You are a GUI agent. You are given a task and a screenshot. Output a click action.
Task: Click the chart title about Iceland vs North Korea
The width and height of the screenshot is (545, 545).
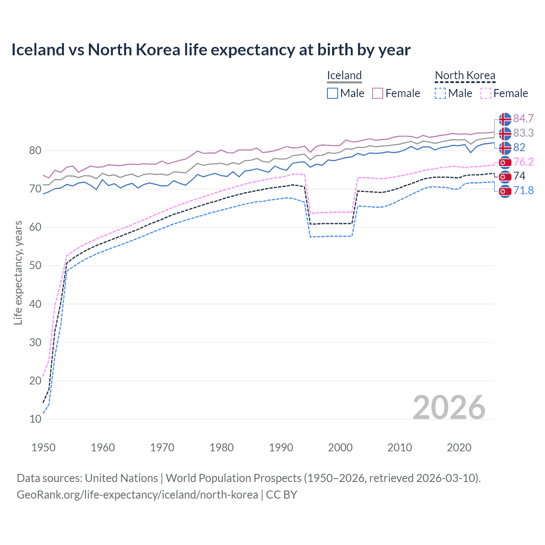211,50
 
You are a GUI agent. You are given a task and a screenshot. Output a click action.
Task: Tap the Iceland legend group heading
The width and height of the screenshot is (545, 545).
344,75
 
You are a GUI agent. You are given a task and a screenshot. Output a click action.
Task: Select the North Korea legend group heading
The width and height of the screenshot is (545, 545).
465,75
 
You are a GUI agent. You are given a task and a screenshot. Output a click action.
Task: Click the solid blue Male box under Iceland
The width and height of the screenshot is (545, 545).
333,93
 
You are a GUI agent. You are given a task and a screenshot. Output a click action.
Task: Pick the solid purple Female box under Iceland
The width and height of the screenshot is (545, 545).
378,93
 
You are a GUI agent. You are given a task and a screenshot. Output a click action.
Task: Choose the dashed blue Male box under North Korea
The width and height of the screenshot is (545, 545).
440,93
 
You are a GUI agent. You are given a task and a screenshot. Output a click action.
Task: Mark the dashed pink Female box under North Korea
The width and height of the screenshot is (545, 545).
485,93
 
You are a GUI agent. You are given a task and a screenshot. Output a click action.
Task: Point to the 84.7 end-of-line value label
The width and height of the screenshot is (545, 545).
523,118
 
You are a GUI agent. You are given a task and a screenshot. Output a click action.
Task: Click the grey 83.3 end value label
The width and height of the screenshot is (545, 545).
523,133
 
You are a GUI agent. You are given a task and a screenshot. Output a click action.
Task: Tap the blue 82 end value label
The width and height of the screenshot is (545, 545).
519,147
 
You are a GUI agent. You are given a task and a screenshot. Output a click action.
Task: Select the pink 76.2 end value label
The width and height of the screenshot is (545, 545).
523,162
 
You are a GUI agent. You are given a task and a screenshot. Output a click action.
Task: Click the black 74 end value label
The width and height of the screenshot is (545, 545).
519,176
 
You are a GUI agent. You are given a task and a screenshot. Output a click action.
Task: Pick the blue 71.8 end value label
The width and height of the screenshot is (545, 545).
523,190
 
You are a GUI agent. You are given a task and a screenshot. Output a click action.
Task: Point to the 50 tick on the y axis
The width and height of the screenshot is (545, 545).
35,266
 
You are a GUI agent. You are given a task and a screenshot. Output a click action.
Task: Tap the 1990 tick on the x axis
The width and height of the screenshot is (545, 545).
281,447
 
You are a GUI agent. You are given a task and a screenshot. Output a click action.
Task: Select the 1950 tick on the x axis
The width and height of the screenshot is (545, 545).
43,447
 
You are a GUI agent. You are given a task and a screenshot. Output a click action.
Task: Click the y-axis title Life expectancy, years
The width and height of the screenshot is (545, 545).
18,272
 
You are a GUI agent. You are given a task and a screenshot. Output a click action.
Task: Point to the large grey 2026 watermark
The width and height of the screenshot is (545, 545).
449,407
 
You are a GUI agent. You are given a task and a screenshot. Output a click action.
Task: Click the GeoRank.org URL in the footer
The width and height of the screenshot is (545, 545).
137,495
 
